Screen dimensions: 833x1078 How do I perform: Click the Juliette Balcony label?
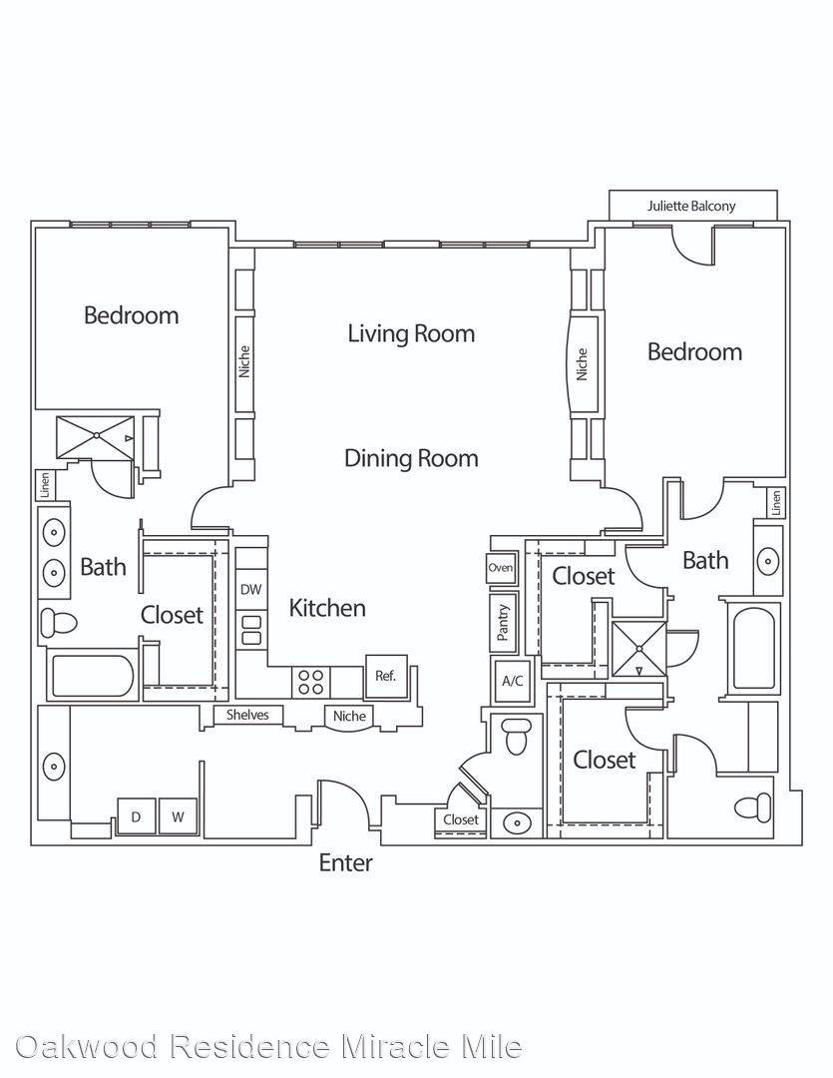tap(691, 206)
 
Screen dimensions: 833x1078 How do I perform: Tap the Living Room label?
tap(411, 333)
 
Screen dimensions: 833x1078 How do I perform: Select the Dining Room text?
tap(411, 458)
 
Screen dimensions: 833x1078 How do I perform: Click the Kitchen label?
tap(327, 608)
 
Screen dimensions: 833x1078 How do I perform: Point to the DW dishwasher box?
tap(250, 589)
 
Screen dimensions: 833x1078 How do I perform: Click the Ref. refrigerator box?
tap(385, 676)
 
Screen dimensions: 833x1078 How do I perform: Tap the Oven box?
tap(501, 568)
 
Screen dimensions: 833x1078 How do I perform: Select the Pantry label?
tap(503, 623)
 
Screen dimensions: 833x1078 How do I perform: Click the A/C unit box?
tap(513, 681)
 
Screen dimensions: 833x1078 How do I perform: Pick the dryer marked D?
tap(136, 816)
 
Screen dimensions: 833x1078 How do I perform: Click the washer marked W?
tap(178, 816)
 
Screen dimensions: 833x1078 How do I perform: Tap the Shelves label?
tap(247, 715)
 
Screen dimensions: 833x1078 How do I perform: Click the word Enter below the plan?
tap(346, 862)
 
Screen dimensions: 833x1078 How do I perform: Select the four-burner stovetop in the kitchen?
tap(310, 682)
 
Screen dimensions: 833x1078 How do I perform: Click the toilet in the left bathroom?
tap(58, 623)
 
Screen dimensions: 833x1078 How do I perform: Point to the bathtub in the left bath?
tap(92, 676)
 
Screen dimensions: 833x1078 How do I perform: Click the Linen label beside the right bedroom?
tap(777, 503)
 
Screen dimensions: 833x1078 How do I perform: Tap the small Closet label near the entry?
tap(461, 819)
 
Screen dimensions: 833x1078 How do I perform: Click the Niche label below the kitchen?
tap(349, 716)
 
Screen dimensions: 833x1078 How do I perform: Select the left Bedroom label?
tap(132, 315)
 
